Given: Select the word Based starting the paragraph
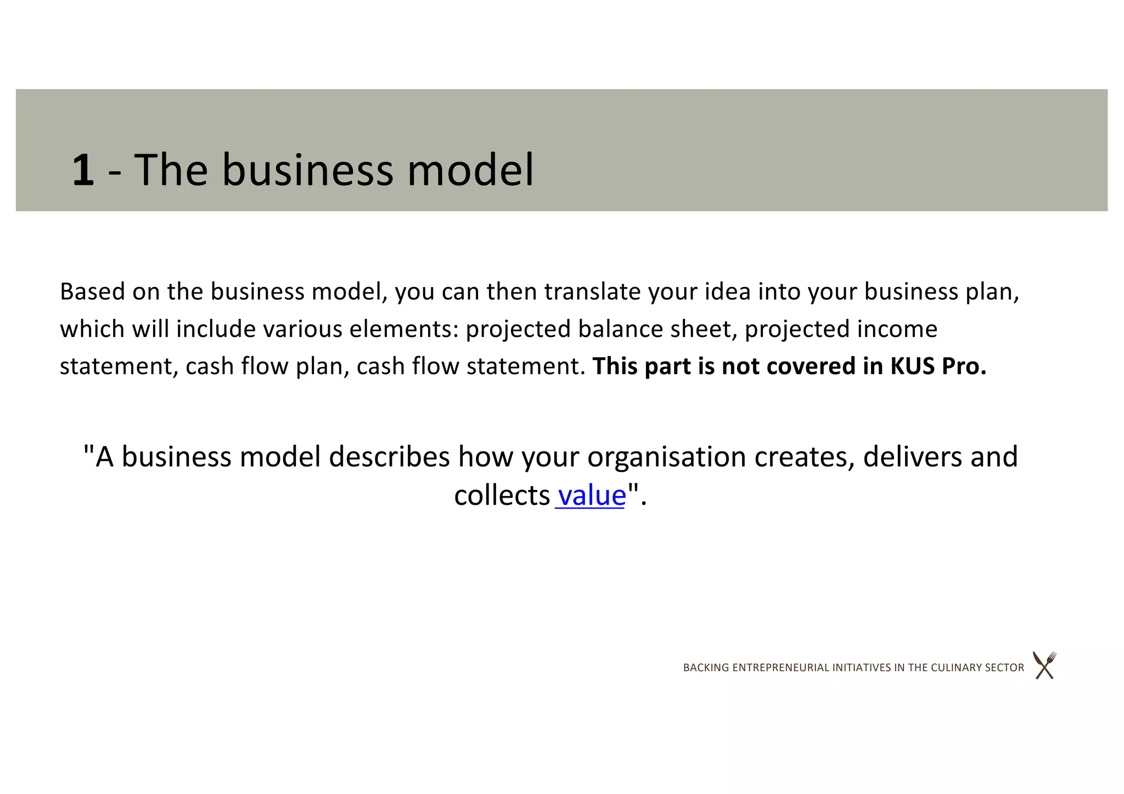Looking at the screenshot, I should click(x=92, y=291).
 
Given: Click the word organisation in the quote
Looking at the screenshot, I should click(x=666, y=457).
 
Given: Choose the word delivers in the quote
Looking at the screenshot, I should click(x=912, y=457).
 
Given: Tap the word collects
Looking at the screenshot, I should click(x=502, y=495).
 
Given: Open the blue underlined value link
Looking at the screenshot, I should click(x=592, y=495).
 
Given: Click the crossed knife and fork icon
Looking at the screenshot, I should click(x=1044, y=666).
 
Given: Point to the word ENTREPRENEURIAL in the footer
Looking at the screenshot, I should click(x=781, y=668).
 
